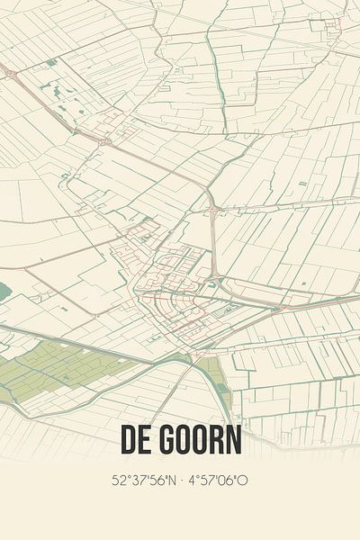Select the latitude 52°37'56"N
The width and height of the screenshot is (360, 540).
pyautogui.click(x=142, y=481)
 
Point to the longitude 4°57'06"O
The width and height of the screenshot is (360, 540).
pyautogui.click(x=217, y=481)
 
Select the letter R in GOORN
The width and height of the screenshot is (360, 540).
pyautogui.click(x=215, y=442)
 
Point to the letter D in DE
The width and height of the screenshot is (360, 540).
pyautogui.click(x=127, y=442)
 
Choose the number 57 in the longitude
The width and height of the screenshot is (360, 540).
pyautogui.click(x=206, y=481)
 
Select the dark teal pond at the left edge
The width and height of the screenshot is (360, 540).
pyautogui.click(x=4, y=291)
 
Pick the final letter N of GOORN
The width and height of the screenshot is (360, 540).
pyautogui.click(x=232, y=442)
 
